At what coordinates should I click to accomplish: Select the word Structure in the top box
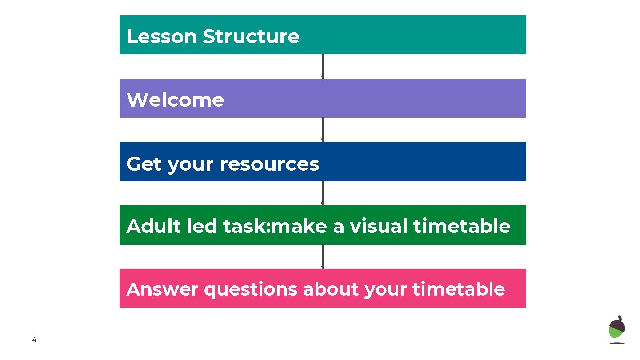251,36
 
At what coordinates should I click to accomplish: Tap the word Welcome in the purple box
175,100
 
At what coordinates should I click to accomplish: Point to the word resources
269,164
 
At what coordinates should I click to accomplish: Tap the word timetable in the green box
462,226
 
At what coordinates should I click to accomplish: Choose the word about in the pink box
331,289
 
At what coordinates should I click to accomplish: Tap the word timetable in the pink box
458,289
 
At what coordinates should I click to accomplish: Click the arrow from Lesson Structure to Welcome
323,67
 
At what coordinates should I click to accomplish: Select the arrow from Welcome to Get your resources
323,130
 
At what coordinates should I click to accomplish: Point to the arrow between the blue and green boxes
323,193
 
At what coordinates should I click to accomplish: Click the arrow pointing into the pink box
323,257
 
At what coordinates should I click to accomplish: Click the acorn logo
617,330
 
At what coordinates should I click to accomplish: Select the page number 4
34,340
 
